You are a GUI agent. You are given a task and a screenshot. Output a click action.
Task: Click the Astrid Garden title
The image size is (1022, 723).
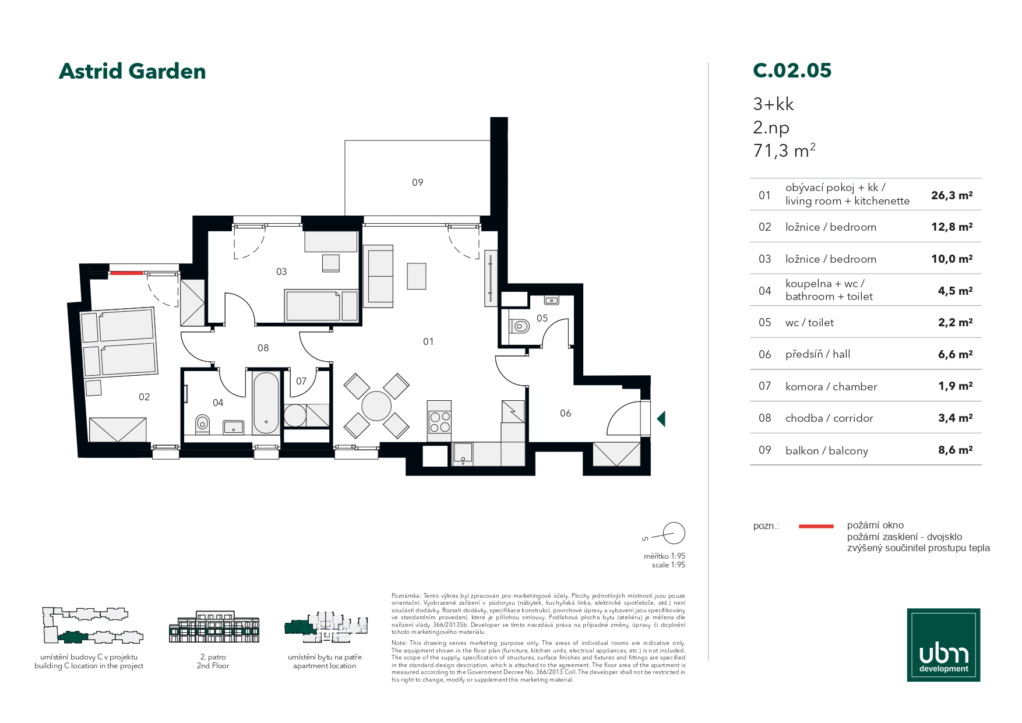132,71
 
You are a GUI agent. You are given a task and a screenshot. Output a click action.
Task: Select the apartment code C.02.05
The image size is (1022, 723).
792,70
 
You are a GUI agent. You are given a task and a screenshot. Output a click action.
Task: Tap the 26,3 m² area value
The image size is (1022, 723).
951,195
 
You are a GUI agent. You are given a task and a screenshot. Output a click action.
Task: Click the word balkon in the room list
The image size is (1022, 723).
802,450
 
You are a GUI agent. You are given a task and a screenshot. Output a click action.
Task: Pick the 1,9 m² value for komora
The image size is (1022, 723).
955,386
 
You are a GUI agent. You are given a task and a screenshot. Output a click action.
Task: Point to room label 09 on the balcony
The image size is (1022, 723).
417,182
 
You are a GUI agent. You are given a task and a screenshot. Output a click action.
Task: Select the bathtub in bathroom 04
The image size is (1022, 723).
266,403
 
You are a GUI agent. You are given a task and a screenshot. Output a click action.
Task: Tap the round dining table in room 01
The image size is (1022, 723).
376,405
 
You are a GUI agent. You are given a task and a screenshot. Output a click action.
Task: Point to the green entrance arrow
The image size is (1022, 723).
661,418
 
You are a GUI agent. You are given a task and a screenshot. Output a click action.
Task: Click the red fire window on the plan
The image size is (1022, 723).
127,273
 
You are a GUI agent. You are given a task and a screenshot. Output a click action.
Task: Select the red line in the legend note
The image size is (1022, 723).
816,526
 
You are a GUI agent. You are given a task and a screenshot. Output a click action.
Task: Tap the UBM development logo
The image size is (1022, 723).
943,645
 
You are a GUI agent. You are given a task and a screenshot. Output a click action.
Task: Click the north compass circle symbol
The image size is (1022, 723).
674,533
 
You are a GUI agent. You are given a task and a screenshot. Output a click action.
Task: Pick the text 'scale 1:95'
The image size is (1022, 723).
668,565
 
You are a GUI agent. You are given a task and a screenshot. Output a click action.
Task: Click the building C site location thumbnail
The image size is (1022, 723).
91,626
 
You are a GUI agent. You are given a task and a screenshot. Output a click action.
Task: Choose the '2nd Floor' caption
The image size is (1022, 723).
213,666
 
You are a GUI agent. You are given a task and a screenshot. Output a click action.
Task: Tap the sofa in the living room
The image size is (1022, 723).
378,276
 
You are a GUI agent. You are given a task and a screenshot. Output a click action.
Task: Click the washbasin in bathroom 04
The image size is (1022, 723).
234,428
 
